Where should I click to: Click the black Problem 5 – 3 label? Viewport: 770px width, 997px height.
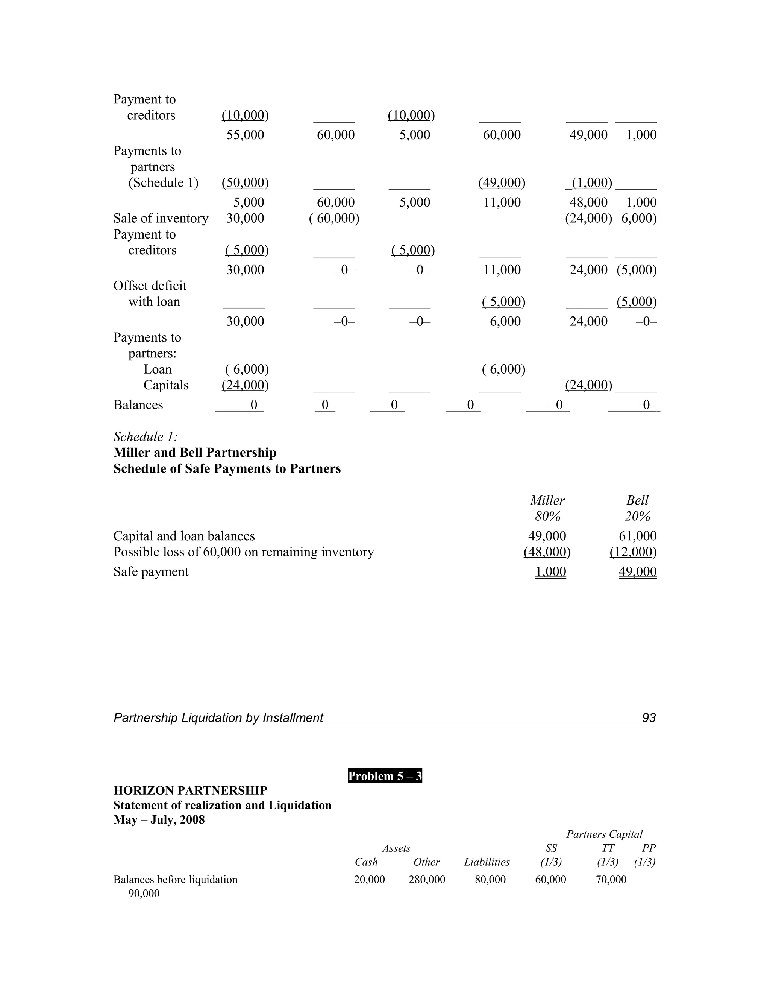(385, 776)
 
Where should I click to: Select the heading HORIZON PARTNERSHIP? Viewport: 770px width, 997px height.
(190, 791)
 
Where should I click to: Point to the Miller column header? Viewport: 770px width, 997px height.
(547, 500)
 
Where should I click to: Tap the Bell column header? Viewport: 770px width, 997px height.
(637, 500)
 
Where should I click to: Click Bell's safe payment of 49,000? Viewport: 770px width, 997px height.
(637, 571)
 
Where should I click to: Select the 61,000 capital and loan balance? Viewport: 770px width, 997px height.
(637, 536)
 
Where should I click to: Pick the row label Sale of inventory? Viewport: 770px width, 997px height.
(161, 218)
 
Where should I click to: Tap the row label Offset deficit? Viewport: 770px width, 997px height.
(150, 286)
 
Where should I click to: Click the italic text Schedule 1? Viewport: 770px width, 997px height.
(146, 437)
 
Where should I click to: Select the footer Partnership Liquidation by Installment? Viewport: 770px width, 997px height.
(218, 718)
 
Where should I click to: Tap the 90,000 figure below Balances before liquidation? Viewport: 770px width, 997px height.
(144, 894)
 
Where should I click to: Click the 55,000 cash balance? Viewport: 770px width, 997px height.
(245, 135)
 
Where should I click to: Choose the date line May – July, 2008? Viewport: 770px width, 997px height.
(159, 820)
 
